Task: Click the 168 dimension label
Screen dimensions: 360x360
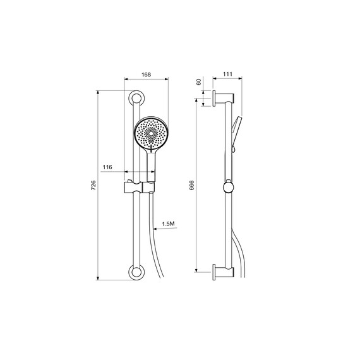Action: (x=146, y=75)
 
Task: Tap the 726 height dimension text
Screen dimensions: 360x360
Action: (x=93, y=185)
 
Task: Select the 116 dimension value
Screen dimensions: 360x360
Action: (x=107, y=167)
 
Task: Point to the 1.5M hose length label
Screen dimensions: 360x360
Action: (x=168, y=224)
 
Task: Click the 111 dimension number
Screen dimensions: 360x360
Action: (x=227, y=74)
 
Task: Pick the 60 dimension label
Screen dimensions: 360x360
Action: (x=198, y=81)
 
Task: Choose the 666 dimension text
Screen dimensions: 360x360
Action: (x=192, y=185)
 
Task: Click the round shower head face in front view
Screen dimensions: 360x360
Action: (x=151, y=133)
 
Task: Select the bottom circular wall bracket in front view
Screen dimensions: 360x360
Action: (x=136, y=273)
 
